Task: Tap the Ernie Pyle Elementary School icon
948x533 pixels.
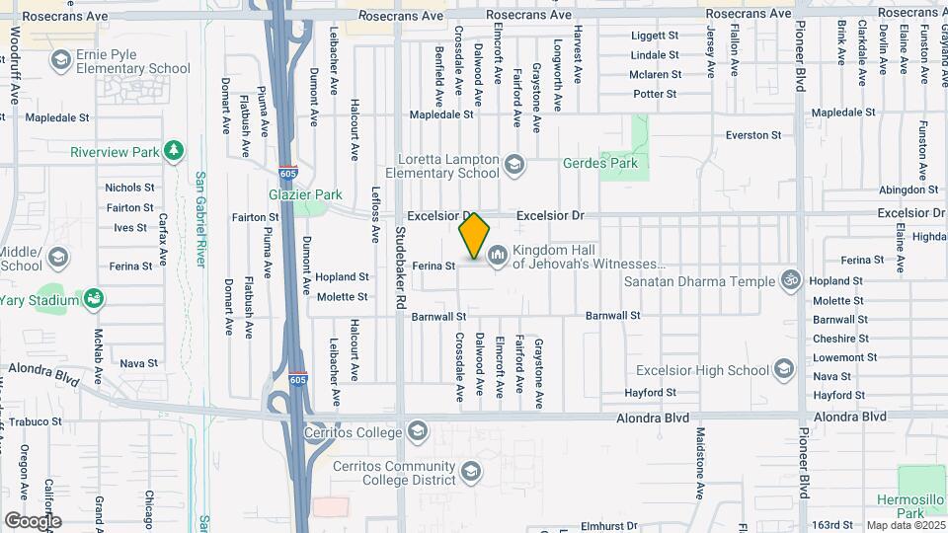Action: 60,61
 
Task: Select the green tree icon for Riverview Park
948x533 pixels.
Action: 175,150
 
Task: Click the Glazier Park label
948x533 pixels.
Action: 298,195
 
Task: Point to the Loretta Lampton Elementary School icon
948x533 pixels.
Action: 513,165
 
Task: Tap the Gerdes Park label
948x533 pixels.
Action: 600,163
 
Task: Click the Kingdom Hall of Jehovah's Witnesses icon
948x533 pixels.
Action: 497,257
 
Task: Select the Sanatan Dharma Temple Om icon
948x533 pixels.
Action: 789,280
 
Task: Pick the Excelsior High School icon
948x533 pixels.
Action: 783,370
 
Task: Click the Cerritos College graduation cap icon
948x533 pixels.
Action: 419,431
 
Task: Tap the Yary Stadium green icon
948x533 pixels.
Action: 94,299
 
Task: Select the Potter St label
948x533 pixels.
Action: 655,94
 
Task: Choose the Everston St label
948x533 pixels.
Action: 752,134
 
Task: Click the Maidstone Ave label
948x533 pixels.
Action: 699,461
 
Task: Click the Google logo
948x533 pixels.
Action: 32,520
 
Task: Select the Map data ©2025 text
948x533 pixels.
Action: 904,525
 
